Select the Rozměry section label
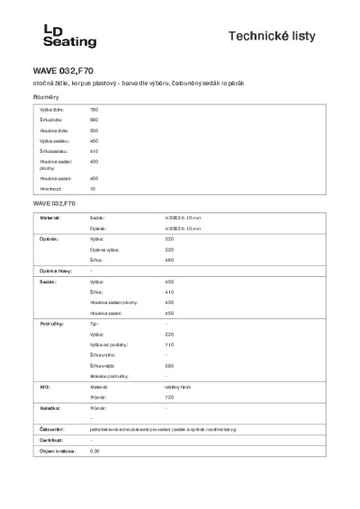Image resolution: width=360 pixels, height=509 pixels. (47, 95)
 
